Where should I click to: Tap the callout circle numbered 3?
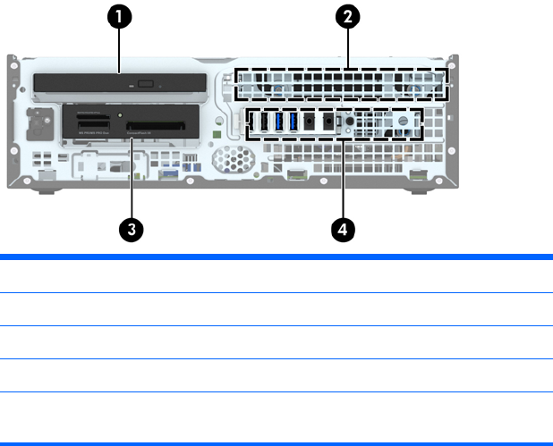coord(132,229)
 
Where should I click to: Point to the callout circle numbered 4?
coord(341,229)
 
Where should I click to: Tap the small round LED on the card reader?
coord(120,116)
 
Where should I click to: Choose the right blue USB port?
coord(293,122)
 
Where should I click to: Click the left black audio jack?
coord(310,122)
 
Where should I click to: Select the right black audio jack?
coord(328,122)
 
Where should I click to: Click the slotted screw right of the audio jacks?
coord(403,119)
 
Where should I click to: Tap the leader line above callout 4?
coord(341,179)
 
